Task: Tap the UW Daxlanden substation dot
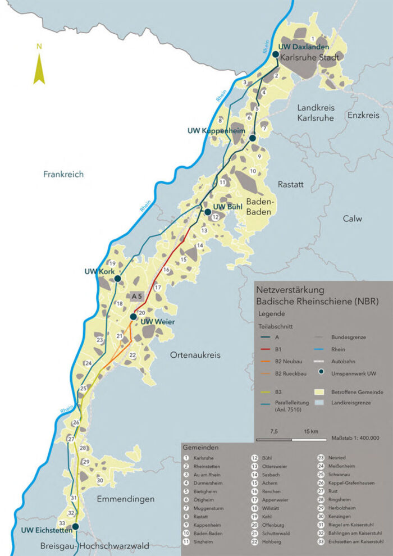pos(276,54)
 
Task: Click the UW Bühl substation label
pos(228,207)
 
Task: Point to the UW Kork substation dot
pos(117,279)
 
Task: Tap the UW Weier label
pos(157,322)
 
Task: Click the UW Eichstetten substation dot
pos(75,526)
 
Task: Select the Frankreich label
pos(63,174)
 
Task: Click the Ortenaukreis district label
pos(194,356)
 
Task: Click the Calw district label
pos(353,218)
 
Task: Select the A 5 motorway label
pos(138,296)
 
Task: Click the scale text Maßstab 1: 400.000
pos(355,438)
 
